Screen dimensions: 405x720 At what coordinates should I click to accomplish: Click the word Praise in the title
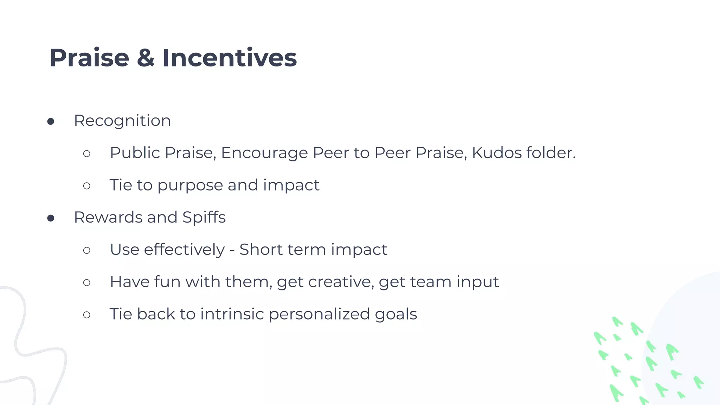click(89, 58)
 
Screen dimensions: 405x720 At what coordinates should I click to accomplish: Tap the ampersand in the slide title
click(146, 58)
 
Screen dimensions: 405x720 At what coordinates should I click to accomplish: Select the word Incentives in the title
click(229, 58)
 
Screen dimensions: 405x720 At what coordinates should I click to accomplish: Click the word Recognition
click(122, 121)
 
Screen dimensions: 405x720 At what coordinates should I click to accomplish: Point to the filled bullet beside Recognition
click(51, 122)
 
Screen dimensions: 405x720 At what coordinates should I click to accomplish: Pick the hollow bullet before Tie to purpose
click(87, 186)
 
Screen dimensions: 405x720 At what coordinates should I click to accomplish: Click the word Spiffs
click(204, 218)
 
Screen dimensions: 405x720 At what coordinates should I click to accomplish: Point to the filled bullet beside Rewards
click(51, 218)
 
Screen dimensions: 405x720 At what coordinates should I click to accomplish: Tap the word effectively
click(184, 250)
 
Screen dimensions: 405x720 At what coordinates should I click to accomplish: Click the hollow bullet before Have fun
click(87, 282)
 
